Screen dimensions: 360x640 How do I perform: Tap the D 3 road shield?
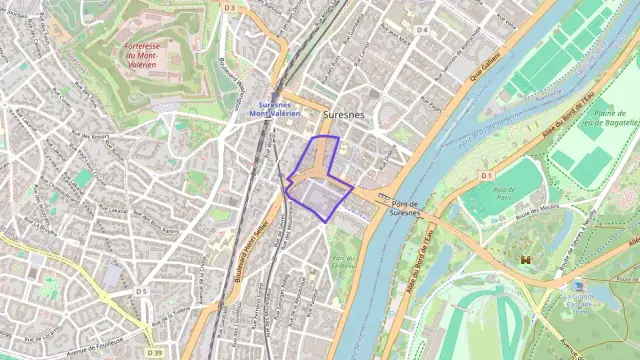click(230, 7)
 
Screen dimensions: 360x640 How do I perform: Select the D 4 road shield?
click(422, 30)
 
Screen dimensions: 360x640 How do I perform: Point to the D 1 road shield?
click(486, 175)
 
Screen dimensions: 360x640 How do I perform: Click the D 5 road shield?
click(142, 291)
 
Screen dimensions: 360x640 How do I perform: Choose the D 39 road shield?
click(153, 352)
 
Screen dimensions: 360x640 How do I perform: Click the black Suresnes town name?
click(344, 115)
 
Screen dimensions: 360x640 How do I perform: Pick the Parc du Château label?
click(345, 262)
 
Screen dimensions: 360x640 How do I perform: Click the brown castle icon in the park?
click(525, 259)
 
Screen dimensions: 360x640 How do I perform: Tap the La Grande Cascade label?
click(587, 300)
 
